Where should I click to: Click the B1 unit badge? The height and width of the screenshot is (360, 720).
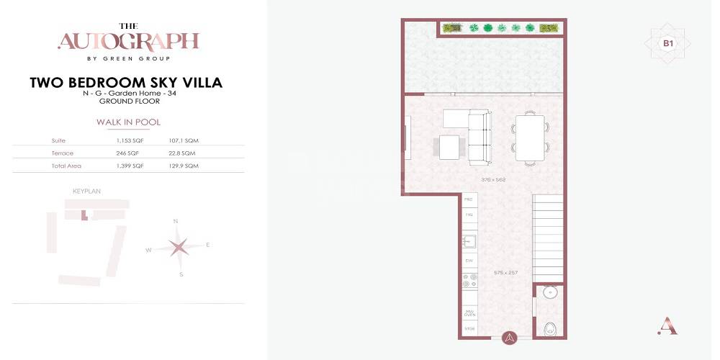click(x=668, y=43)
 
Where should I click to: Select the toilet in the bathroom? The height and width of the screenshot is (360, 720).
click(x=550, y=328)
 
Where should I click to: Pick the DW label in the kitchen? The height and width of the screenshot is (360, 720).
click(x=469, y=260)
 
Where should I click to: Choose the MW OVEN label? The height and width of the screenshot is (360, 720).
click(x=469, y=313)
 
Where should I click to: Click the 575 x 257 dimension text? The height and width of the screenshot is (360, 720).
click(x=506, y=272)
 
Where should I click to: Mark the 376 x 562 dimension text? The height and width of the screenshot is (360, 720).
click(x=495, y=179)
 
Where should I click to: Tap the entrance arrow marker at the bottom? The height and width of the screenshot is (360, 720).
click(x=510, y=336)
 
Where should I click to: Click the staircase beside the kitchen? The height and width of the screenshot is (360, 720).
click(x=547, y=228)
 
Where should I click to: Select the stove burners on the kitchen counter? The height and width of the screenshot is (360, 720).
click(x=469, y=282)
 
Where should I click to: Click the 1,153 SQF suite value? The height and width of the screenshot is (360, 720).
click(x=130, y=140)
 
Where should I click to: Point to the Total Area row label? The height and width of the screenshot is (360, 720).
click(x=66, y=166)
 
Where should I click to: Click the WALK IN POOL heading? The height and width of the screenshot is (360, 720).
click(x=128, y=122)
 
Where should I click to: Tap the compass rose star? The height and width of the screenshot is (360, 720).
click(x=178, y=247)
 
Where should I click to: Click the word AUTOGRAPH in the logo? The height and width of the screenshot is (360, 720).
click(x=128, y=41)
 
